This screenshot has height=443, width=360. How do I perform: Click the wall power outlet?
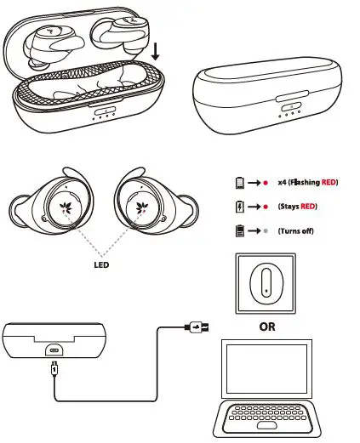[x=266, y=283]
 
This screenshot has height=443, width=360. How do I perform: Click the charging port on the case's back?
[x=55, y=349]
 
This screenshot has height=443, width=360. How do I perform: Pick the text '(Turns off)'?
[x=296, y=230]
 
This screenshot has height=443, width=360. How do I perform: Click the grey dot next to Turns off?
[x=267, y=230]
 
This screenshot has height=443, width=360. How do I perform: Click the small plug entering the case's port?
[x=55, y=367]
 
